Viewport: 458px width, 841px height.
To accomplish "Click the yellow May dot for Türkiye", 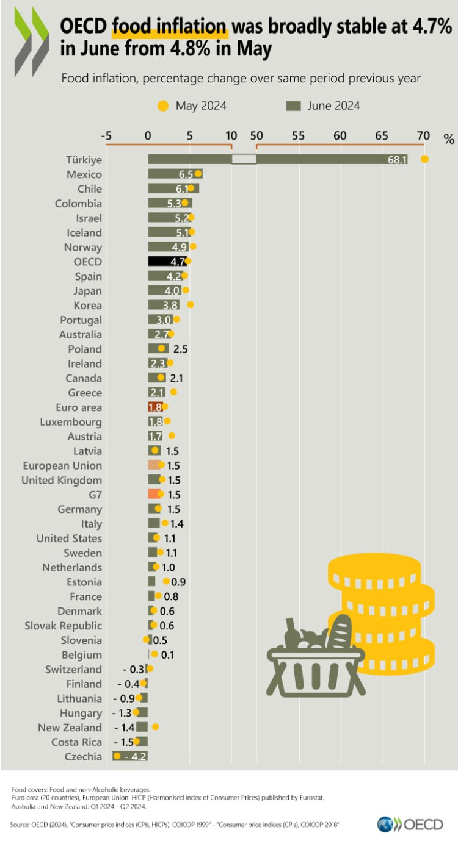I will pos(424,159).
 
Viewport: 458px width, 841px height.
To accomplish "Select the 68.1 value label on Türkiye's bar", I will pos(397,160).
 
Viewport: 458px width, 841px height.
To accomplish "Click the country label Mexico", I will pos(84,174).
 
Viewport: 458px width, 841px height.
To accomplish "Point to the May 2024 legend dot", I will pos(162,106).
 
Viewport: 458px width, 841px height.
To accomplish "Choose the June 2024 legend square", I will pos(294,106).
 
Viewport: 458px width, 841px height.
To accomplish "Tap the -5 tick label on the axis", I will pos(106,136).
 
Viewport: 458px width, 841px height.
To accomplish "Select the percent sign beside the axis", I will pos(449,139).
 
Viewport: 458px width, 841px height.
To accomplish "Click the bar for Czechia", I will pos(131,756).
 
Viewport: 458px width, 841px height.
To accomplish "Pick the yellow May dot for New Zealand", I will pos(155,726).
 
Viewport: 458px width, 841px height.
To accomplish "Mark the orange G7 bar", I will pos(154,494).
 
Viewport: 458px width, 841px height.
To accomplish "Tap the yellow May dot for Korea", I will pos(191,304).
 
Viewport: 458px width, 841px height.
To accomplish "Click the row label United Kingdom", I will pos(62,480).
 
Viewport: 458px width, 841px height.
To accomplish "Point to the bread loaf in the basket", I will pos(340,632).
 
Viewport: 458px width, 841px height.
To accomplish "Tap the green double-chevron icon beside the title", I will pos(32,41).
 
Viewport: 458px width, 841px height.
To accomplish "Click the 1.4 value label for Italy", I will pos(178,524).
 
